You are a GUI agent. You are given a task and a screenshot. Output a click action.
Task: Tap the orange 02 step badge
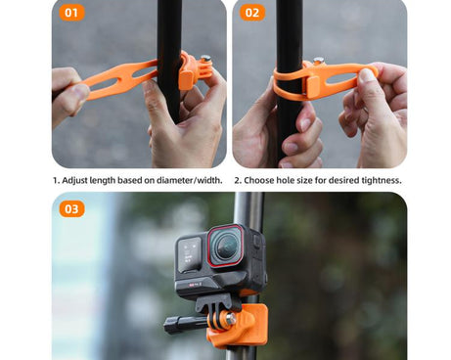252,14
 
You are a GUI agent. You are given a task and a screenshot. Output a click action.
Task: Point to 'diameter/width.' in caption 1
189,180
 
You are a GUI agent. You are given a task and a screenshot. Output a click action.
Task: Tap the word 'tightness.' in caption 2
378,180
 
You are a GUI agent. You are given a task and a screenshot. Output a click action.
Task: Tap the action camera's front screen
191,252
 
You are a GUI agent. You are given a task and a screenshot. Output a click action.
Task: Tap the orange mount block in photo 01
188,72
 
